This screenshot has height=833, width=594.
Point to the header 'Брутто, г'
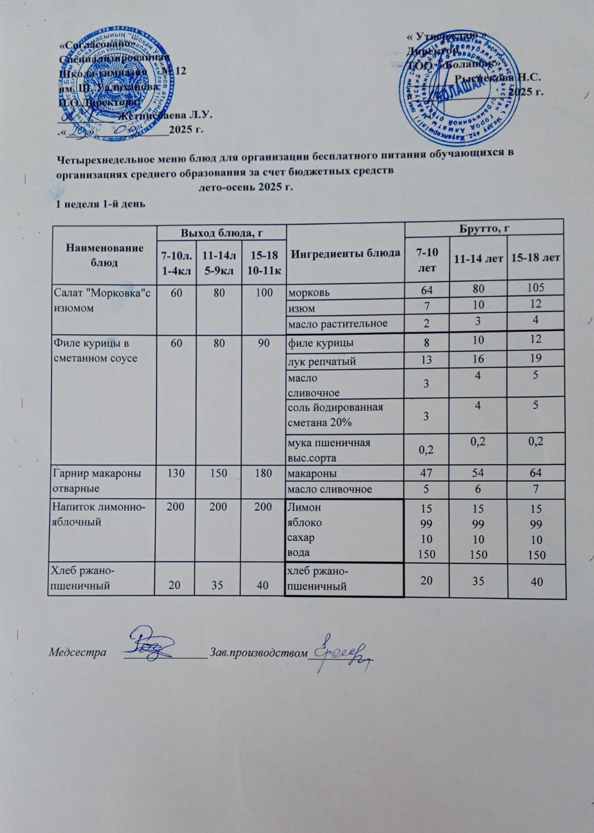point(484,227)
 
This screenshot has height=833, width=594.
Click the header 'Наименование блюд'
point(104,255)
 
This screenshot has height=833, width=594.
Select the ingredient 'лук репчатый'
point(321,361)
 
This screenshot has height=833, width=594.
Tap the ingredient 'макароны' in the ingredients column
point(312,473)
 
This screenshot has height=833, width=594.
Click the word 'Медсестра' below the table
point(78,652)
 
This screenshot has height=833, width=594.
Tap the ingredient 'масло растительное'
point(338,323)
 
